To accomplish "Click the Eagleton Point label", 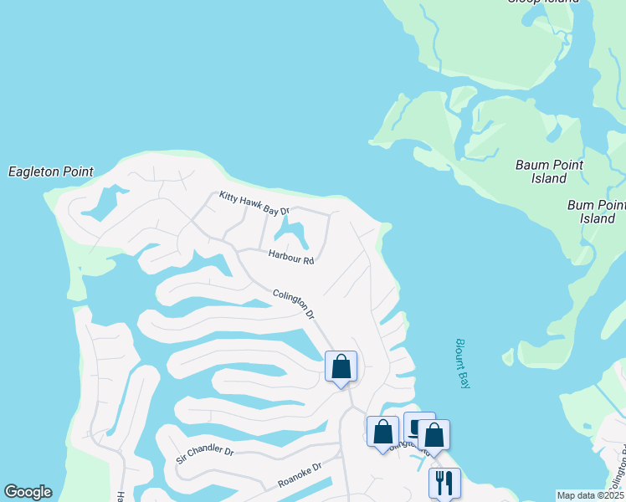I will (x=51, y=172).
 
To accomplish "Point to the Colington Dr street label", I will (x=293, y=303).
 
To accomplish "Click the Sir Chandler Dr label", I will (x=205, y=454).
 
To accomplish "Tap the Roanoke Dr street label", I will (x=300, y=476).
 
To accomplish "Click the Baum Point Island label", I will (x=550, y=172).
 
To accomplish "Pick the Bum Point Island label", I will (x=597, y=212).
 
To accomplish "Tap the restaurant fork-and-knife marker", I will (x=444, y=482).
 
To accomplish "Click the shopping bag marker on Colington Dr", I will (x=341, y=366).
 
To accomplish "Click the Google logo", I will (x=28, y=492).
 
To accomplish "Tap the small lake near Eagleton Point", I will (x=105, y=203).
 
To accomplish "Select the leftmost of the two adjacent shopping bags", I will (x=383, y=432).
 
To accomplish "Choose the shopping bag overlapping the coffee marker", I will (x=434, y=434).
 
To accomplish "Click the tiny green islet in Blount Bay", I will (x=508, y=357).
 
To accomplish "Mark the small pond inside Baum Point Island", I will (x=554, y=132).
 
